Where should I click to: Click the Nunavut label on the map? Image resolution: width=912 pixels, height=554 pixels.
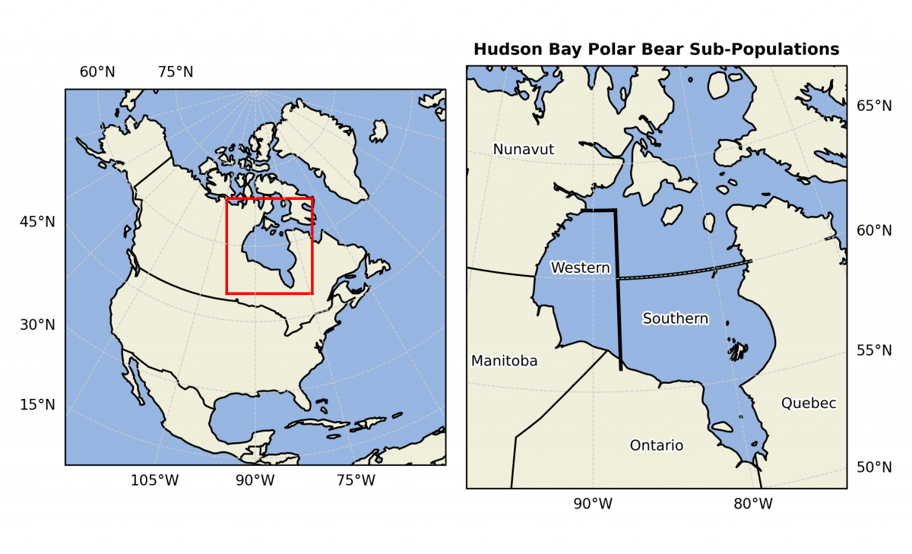524,150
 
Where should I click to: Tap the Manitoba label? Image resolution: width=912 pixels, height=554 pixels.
504,361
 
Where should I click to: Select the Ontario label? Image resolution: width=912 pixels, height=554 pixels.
657,445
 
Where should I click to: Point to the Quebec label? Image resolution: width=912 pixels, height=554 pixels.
809,403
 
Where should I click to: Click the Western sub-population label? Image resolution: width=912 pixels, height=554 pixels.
580,268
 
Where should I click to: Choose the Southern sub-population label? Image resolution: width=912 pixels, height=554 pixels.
675,318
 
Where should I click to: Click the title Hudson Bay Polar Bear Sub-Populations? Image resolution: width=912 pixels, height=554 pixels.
656,49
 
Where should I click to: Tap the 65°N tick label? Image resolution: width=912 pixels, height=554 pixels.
874,106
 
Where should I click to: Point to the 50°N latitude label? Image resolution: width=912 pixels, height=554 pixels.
874,467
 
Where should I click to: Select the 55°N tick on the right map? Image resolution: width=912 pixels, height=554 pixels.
874,350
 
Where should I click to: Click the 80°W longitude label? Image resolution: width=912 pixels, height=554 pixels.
753,504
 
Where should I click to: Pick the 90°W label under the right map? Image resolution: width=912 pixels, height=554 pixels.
593,504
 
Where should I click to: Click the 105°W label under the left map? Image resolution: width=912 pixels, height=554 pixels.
155,480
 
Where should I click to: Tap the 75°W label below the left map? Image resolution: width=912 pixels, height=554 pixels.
356,480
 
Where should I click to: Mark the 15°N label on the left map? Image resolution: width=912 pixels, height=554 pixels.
37,404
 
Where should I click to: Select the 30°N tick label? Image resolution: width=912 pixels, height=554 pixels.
37,325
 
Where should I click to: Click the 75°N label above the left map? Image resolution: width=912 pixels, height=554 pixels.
176,72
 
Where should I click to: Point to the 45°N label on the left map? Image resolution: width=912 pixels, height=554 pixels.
37,222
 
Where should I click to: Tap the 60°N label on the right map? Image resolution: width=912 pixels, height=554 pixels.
874,230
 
